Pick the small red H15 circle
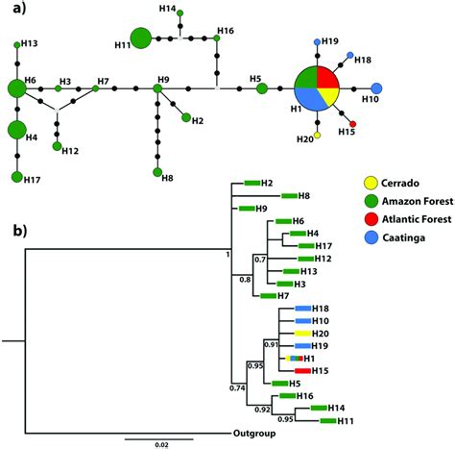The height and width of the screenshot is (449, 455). tap(352, 124)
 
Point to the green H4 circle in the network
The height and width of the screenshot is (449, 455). tap(16, 130)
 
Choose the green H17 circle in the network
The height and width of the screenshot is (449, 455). tap(16, 176)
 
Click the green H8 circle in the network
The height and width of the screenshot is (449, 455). tap(156, 172)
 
